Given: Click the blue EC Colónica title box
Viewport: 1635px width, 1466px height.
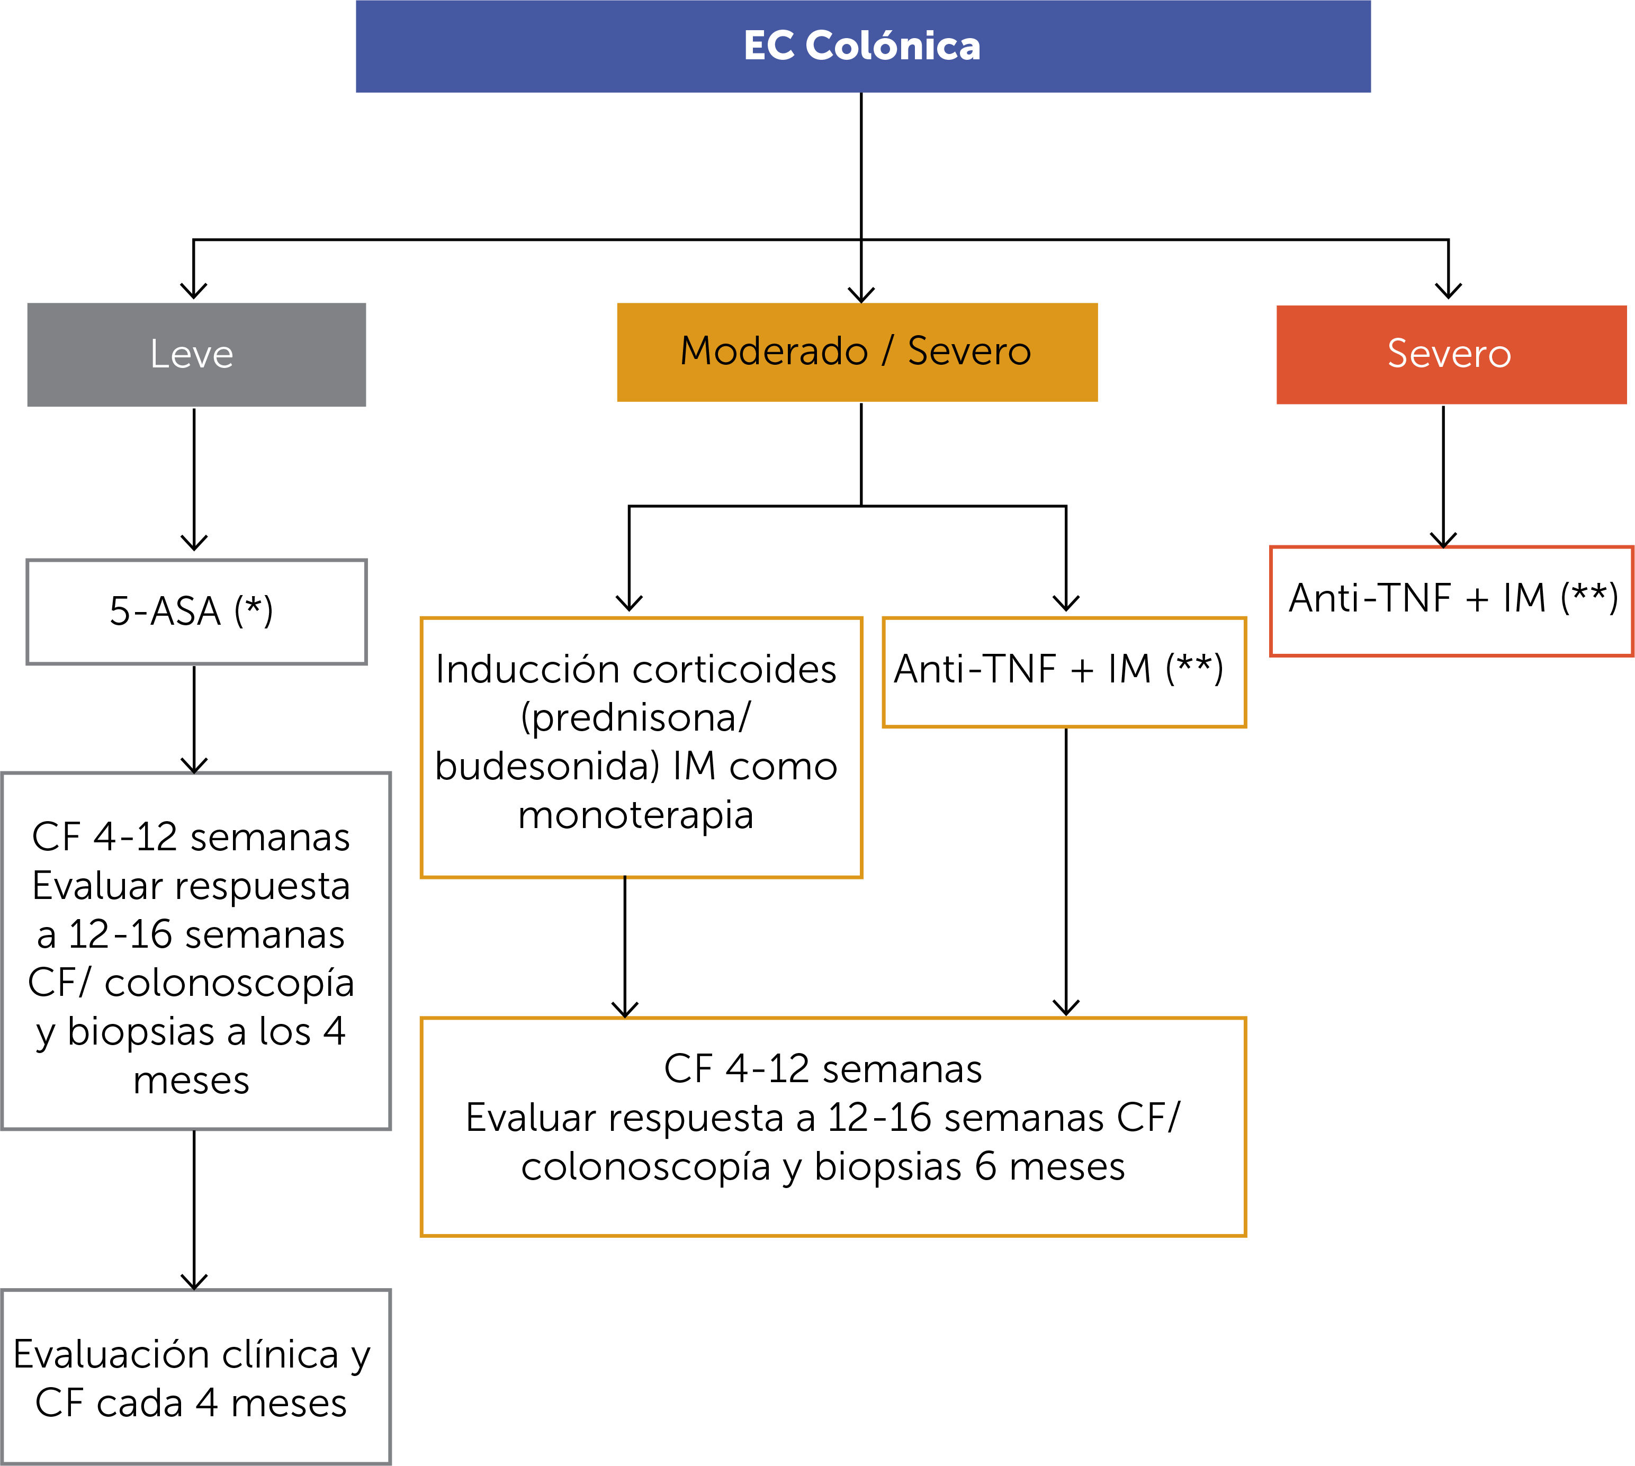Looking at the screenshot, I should (863, 46).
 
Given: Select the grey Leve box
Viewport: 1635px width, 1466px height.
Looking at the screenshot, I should (196, 354).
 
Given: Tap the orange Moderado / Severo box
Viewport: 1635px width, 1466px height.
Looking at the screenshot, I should (857, 352).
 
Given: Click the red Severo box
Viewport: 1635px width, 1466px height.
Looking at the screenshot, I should (1451, 354).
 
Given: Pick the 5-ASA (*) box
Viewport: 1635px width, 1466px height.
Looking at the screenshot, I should (196, 611).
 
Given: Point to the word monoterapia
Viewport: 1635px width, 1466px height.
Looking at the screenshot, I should (635, 815).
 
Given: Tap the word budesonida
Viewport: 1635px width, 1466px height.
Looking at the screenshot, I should (547, 766).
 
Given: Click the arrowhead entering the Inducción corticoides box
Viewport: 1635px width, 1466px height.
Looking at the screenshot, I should (629, 602).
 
